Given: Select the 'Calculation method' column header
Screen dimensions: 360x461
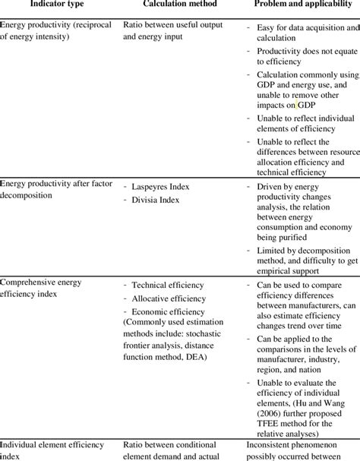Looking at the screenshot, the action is [x=172, y=6].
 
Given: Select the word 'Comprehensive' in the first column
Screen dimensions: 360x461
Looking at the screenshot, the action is [x=32, y=282].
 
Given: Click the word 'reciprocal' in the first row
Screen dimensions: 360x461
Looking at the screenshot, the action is [x=93, y=24].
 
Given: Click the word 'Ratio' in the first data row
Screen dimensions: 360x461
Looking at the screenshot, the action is [x=134, y=24].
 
